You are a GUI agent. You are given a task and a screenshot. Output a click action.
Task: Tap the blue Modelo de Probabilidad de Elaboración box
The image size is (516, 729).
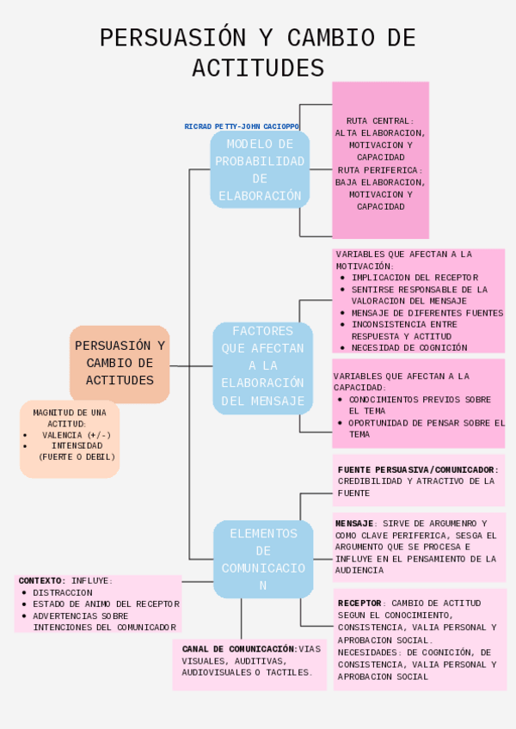click(x=260, y=169)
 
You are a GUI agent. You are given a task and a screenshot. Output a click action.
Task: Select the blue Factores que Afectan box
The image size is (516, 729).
click(x=262, y=366)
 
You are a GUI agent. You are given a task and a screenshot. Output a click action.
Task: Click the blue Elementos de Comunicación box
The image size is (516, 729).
click(x=263, y=559)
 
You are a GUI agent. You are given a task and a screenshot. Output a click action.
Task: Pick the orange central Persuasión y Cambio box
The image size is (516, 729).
click(x=120, y=363)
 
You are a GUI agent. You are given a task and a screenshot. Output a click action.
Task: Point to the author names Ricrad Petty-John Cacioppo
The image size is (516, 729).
click(x=242, y=126)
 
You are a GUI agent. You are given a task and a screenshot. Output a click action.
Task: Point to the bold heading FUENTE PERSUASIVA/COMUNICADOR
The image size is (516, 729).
click(x=418, y=469)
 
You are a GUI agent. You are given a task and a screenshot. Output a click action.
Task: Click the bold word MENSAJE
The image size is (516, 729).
click(x=353, y=524)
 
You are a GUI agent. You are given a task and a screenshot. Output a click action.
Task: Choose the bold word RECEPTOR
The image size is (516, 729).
click(x=359, y=603)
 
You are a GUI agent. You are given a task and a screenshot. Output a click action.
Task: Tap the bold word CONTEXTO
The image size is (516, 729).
click(x=41, y=581)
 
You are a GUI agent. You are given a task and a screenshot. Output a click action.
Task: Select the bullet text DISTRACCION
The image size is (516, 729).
click(x=63, y=593)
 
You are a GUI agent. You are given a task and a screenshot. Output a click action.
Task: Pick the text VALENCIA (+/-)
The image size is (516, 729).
click(x=77, y=435)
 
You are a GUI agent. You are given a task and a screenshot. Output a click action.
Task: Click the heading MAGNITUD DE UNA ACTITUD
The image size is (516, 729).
click(x=70, y=418)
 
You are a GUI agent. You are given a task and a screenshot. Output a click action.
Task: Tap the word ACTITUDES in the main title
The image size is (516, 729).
click(x=258, y=68)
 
